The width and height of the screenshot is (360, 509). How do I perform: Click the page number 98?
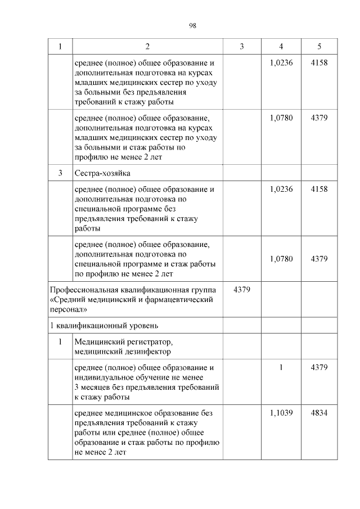pos(192,26)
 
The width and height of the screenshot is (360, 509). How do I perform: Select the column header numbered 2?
pos(147,46)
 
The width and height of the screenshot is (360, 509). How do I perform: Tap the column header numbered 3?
pos(242,46)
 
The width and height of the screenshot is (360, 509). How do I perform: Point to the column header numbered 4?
pos(281,46)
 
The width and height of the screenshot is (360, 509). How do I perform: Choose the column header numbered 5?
pos(319,46)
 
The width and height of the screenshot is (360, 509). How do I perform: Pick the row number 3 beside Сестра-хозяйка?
pos(60,173)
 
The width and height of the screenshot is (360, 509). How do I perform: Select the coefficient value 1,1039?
pos(281,413)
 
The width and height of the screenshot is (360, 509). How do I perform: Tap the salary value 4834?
pos(319,413)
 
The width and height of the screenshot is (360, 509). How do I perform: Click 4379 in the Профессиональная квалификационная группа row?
pos(242,290)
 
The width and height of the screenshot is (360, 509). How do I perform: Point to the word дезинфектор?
pos(146,352)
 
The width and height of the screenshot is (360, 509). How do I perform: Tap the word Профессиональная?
pos(84,290)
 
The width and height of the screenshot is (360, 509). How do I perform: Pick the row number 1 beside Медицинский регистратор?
pos(60,341)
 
